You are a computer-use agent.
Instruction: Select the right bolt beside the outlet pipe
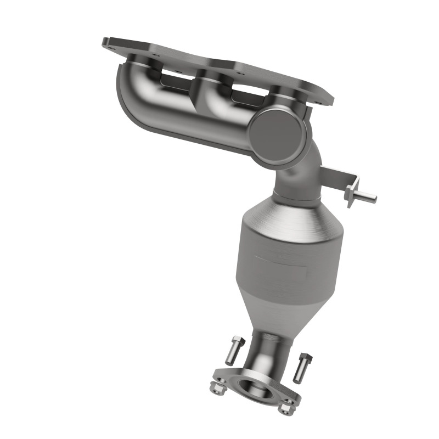pos(300,368)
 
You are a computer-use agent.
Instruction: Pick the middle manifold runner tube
pos(211,104)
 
